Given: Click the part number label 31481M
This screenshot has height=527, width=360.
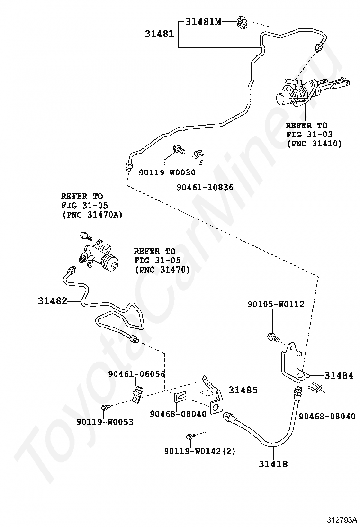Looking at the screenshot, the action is [204, 22].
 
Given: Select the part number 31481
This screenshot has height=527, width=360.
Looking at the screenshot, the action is [159, 34].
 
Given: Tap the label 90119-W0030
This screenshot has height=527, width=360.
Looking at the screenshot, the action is [167, 173].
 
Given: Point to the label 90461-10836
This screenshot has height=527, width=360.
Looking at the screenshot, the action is [205, 187].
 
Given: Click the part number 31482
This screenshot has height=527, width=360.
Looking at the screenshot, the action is [53, 301].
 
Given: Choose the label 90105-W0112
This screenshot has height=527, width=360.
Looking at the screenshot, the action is [276, 304].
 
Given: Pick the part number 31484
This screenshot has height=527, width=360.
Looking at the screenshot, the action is [339, 375].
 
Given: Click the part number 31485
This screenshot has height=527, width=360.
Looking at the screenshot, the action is [243, 390].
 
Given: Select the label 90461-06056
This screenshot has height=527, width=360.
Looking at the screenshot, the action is [136, 374].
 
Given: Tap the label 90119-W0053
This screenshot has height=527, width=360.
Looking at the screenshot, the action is [105, 422].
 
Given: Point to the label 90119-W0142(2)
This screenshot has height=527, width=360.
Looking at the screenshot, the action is [200, 451].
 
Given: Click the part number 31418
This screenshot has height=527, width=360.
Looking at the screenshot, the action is [273, 464].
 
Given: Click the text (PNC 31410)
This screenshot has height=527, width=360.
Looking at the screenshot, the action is [314, 144].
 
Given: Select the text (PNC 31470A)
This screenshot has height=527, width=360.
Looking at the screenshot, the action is [92, 215].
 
